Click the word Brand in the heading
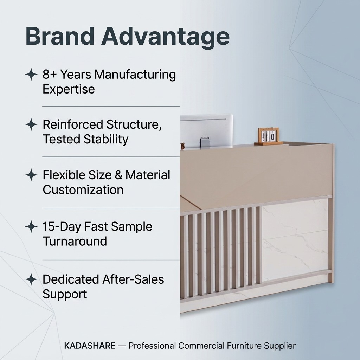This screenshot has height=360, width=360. coord(60,36)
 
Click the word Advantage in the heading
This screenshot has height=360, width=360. coord(166,38)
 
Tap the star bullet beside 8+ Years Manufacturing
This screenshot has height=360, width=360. coord(31,74)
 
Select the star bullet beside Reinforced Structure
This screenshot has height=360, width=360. coord(31,124)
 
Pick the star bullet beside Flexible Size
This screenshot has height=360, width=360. coord(31,175)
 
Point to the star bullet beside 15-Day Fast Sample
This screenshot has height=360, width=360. coord(31,227)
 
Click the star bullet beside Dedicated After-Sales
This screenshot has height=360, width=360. coord(31,279)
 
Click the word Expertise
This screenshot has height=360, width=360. coord(69,89)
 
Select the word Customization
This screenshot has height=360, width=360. coord(83,190)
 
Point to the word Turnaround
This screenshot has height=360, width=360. coord(75,241)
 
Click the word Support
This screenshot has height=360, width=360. coord(65,295)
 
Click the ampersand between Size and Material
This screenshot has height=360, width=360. coord(118,175)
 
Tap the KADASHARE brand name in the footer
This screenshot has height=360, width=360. coord(90,346)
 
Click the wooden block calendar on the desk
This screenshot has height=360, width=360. coord(268,136)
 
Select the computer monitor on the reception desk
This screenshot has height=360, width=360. coord(206,130)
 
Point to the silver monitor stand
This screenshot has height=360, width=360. coord(205,142)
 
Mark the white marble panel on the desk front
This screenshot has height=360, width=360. coord(295,240)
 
